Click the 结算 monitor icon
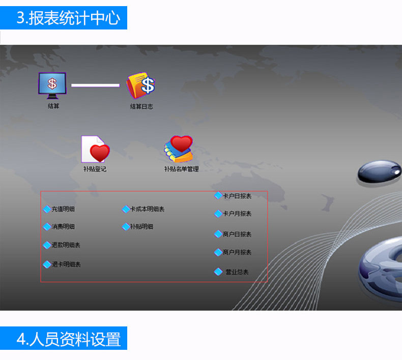click(x=52, y=85)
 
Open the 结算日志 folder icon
click(x=141, y=85)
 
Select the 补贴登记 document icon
click(x=95, y=148)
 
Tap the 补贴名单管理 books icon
click(x=180, y=148)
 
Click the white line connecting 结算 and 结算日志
click(x=95, y=85)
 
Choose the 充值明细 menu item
click(x=63, y=209)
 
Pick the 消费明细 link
click(x=63, y=227)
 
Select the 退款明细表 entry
click(x=66, y=245)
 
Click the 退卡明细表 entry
click(x=66, y=264)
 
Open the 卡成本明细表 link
click(x=147, y=209)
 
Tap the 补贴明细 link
click(x=141, y=227)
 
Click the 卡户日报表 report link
click(x=237, y=196)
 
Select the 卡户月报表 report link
click(x=237, y=214)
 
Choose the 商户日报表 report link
click(x=237, y=234)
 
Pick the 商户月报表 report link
click(x=237, y=252)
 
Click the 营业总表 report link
click(x=237, y=272)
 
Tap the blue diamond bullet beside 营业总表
click(x=218, y=272)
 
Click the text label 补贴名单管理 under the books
click(x=181, y=169)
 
